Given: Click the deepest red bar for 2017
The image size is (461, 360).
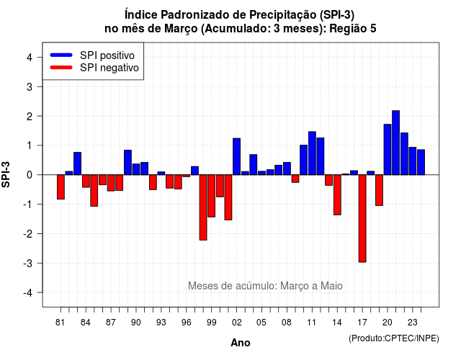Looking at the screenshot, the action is point(362,218).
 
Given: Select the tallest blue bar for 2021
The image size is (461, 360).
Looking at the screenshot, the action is point(395,143).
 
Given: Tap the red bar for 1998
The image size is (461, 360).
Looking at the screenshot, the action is point(203,207).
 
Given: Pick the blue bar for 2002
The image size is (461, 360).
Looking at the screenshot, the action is point(237,156).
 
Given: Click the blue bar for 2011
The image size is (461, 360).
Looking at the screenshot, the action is point(312,153).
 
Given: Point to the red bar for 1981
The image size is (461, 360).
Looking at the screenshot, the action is point(61,187).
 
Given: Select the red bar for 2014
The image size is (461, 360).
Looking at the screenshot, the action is point(337,194).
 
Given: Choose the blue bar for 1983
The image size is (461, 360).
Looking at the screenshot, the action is point(78,163).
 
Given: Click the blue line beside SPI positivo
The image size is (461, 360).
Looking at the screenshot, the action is point(61,55).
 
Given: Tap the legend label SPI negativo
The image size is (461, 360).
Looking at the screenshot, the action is point(109,68).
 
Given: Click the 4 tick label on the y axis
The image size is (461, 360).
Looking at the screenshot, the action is point(30,58).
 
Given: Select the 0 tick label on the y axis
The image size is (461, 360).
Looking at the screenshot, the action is point(30,175).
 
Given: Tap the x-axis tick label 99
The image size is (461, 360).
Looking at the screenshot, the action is point(211,323).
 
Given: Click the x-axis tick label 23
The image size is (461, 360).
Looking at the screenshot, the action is point(413,323).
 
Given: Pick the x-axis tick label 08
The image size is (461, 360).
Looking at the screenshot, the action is point(287,323).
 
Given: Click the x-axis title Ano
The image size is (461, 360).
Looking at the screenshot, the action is point(241,343).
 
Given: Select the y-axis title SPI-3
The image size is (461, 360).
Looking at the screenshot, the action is point(6,174).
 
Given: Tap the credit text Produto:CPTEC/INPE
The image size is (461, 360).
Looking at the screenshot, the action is point(394,338).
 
